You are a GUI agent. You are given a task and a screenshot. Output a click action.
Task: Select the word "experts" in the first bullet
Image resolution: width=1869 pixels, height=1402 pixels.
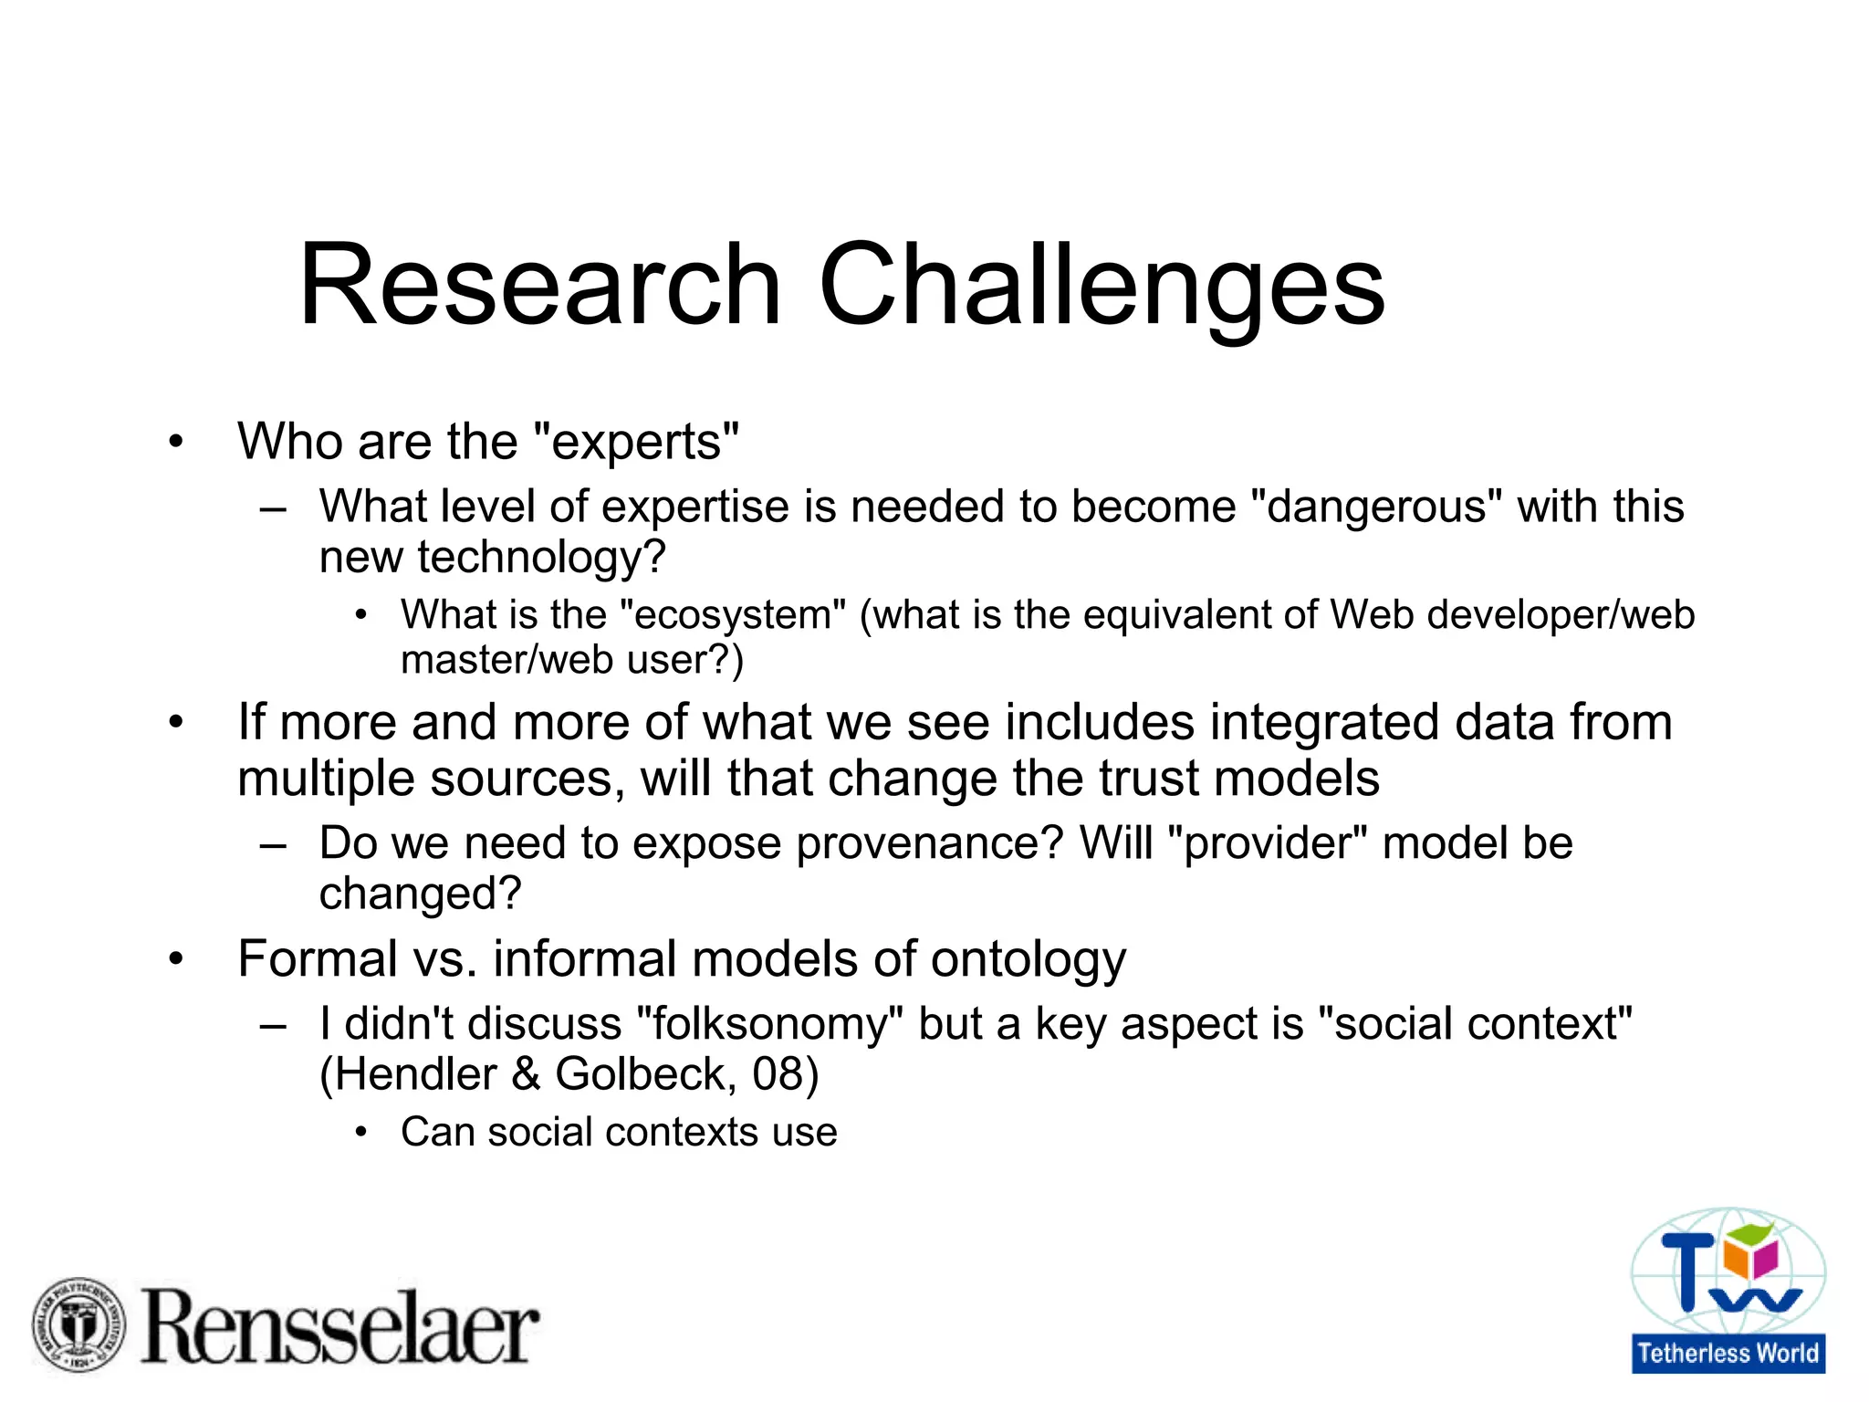pos(634,444)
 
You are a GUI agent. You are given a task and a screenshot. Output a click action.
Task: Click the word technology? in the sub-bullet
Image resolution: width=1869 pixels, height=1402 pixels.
pos(542,558)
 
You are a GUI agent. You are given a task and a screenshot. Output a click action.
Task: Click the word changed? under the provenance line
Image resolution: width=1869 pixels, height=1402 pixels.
pos(420,894)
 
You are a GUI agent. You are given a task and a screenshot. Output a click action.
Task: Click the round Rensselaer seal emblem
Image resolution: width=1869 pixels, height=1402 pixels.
pos(78,1324)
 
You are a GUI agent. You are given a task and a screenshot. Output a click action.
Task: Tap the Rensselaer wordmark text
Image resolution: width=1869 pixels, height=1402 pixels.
pos(339,1327)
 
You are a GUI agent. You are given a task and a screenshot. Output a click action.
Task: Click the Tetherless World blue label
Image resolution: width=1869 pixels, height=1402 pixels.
pos(1728,1353)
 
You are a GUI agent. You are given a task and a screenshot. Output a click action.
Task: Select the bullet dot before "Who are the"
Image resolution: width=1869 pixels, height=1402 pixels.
pos(176,444)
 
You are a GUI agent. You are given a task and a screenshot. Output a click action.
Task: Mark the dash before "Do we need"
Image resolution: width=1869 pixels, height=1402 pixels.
pos(273,845)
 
